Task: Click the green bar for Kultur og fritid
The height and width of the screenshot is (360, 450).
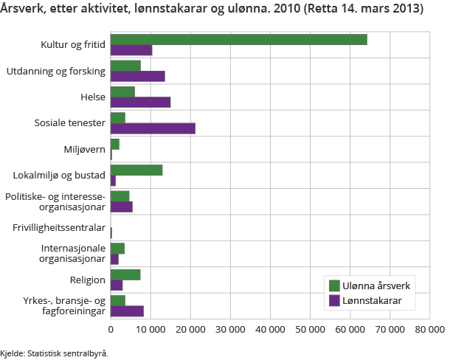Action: coord(238,40)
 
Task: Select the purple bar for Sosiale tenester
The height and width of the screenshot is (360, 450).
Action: coord(153,128)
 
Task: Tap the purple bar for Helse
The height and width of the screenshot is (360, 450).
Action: coord(140,102)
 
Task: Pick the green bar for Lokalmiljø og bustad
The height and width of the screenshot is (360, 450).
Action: coord(136,170)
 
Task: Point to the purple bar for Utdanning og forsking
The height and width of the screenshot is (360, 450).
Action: coord(137,76)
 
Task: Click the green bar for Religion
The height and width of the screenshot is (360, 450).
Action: coord(125,274)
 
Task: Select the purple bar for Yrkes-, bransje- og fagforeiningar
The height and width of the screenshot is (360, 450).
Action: coord(127,311)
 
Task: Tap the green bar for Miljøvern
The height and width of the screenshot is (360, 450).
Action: coord(114,144)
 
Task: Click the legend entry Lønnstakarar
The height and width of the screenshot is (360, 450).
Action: coord(373,300)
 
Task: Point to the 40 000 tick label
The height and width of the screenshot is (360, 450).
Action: coord(270,330)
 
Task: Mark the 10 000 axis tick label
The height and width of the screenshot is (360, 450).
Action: coord(150,330)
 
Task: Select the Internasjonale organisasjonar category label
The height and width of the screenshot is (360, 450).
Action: coord(72,254)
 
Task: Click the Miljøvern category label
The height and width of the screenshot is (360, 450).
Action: coord(84,149)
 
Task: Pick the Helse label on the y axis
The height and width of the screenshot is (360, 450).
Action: coord(93,97)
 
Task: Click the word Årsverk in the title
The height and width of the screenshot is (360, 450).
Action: coord(23,9)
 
